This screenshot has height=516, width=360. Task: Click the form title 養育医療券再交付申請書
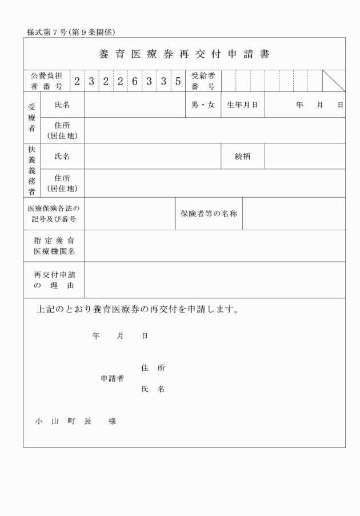184,55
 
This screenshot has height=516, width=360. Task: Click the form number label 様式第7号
51,32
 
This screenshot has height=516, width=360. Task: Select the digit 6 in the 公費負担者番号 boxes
135,81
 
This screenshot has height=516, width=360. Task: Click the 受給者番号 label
203,81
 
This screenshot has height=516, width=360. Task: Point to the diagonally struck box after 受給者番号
334,81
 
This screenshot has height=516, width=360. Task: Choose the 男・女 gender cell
203,105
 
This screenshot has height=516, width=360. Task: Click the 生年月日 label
242,105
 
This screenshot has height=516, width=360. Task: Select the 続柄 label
242,156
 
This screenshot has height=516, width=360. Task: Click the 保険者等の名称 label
209,214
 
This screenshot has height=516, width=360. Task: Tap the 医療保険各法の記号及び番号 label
54,214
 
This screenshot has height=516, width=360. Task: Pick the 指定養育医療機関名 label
54,246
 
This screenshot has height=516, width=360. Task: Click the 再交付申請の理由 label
54,279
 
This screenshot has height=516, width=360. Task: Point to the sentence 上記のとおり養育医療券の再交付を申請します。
137,310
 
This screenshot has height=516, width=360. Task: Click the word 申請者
113,378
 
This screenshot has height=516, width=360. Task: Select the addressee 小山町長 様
75,421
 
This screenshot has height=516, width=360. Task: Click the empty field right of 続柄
305,156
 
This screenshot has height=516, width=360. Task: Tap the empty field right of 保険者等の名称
294,214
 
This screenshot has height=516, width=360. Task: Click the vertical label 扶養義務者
31,170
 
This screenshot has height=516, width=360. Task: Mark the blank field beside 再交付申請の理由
214,279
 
